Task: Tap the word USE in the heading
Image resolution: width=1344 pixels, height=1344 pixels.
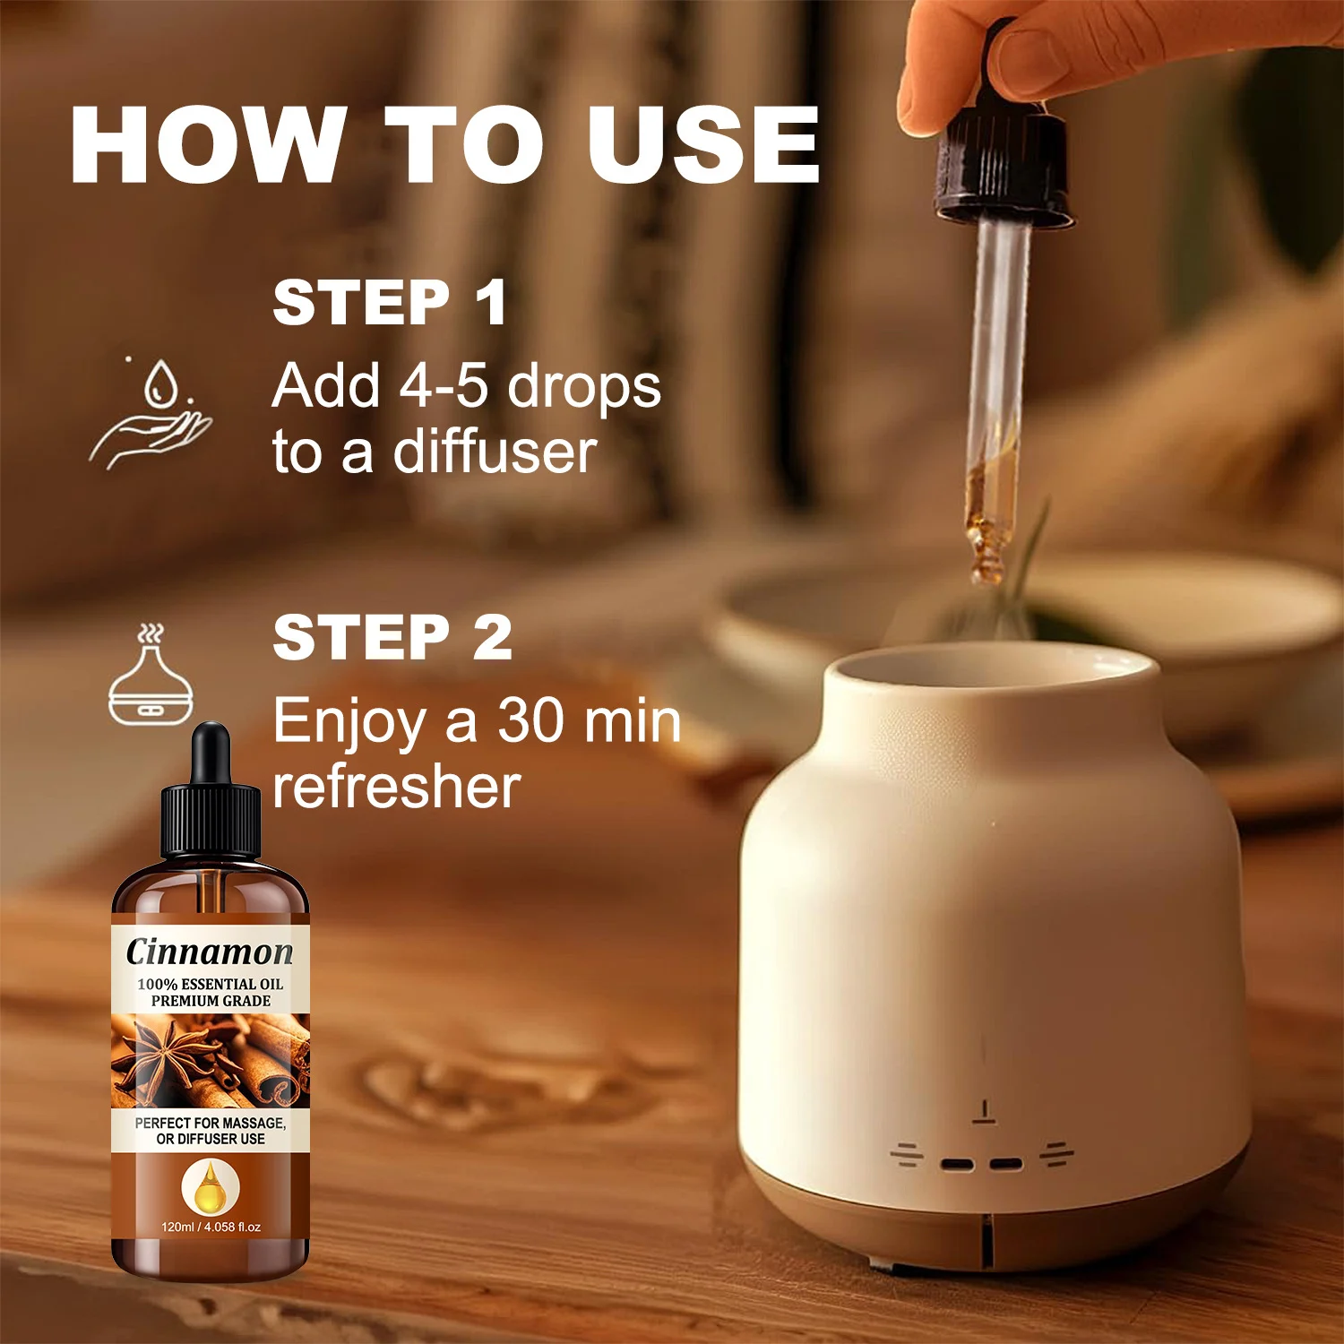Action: (703, 144)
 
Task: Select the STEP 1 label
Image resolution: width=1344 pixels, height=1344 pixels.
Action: (391, 302)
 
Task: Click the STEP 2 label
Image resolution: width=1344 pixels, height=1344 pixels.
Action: (392, 637)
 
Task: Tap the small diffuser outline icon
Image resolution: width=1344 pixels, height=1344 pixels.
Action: (151, 675)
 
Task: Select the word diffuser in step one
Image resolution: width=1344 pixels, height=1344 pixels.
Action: (495, 452)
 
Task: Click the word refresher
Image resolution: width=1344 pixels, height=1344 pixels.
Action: (396, 787)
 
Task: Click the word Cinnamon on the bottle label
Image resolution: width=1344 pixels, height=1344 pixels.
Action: (210, 952)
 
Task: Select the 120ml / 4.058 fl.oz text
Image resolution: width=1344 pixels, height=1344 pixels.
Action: (211, 1227)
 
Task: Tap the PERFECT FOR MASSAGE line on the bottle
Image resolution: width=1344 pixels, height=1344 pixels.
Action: (211, 1123)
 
